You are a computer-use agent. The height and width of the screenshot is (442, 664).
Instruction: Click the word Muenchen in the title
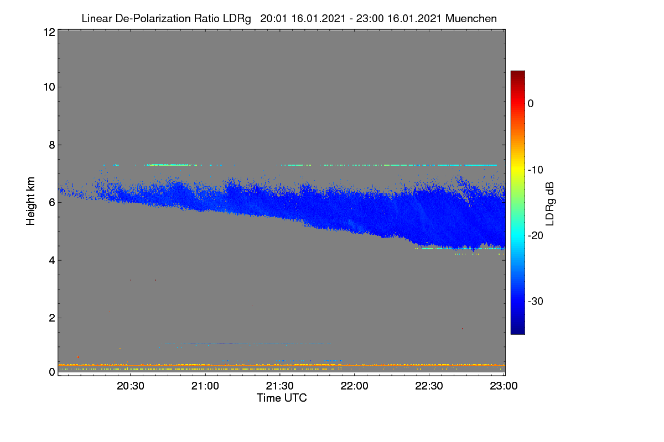pyautogui.click(x=471, y=19)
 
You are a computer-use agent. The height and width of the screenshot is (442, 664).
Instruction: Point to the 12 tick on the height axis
pyautogui.click(x=49, y=32)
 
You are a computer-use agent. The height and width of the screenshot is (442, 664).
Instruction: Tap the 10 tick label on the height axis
pyautogui.click(x=49, y=87)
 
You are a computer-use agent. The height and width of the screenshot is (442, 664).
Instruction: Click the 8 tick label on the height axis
pyautogui.click(x=52, y=145)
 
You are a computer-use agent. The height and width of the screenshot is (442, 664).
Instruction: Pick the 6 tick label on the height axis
pyautogui.click(x=52, y=203)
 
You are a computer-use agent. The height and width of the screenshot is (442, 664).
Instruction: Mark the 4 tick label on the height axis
pyautogui.click(x=52, y=260)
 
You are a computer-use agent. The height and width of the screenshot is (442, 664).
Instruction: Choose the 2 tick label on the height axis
pyautogui.click(x=52, y=318)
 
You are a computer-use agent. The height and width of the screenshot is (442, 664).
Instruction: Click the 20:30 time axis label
pyautogui.click(x=131, y=386)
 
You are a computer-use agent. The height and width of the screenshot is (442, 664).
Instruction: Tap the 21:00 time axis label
pyautogui.click(x=205, y=386)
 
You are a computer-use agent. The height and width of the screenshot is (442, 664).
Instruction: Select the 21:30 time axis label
pyautogui.click(x=280, y=386)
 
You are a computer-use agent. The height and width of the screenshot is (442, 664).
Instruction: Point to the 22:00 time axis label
pyautogui.click(x=355, y=386)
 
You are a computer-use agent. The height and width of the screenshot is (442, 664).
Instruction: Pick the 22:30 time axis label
pyautogui.click(x=429, y=386)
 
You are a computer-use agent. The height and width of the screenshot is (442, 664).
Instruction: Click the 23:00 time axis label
pyautogui.click(x=504, y=386)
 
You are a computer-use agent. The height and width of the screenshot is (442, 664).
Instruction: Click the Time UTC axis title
pyautogui.click(x=282, y=398)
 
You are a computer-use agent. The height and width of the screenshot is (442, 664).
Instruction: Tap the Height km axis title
pyautogui.click(x=30, y=201)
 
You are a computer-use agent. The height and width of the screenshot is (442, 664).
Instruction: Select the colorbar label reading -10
pyautogui.click(x=536, y=170)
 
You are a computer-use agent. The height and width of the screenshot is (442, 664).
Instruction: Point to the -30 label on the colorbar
pyautogui.click(x=536, y=301)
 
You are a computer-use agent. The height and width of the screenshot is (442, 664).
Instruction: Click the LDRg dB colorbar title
pyautogui.click(x=550, y=204)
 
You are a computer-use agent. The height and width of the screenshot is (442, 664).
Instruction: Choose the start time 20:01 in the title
pyautogui.click(x=273, y=19)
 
